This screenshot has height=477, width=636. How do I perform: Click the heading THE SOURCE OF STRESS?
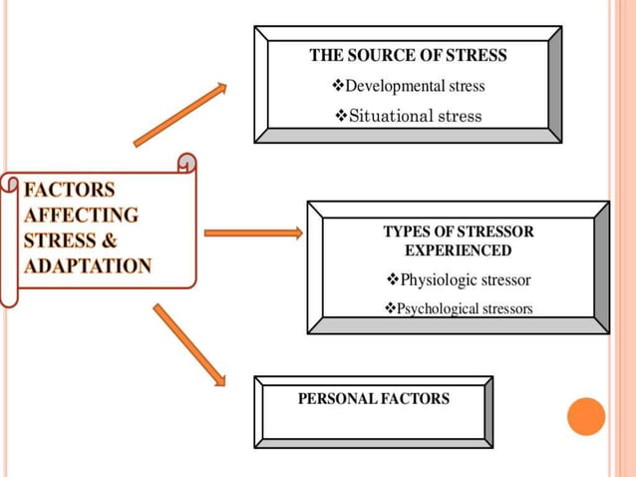(408, 56)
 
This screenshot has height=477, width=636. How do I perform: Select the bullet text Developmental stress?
(414, 86)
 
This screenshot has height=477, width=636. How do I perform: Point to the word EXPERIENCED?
(458, 250)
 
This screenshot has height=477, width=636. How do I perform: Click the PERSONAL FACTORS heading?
(374, 399)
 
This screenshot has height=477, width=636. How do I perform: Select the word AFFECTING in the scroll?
(81, 216)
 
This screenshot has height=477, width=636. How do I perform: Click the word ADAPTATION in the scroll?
(88, 266)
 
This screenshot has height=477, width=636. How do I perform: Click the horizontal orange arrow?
(253, 234)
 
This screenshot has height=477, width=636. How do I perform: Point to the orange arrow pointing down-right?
(189, 344)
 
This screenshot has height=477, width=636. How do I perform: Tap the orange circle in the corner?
(586, 416)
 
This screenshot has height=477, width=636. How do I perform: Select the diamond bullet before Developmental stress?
(337, 86)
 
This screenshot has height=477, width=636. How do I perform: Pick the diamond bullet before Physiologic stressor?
(391, 279)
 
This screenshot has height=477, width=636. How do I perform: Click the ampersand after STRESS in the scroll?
(109, 241)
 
